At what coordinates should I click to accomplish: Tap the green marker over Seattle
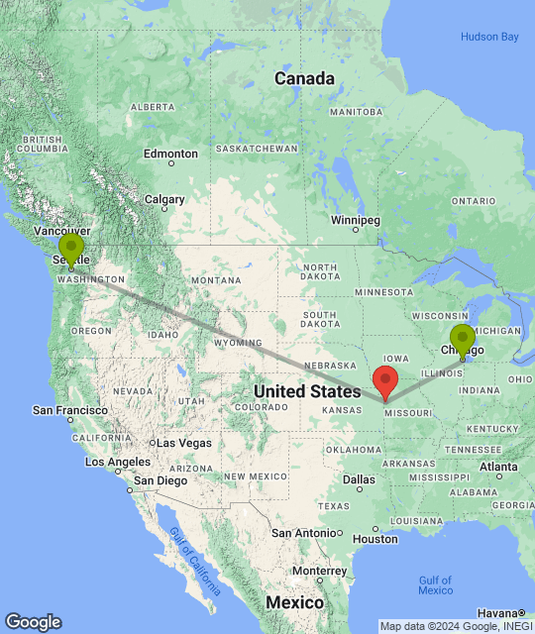(x=71, y=249)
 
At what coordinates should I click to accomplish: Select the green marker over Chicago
(x=462, y=339)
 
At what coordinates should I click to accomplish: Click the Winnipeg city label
(x=356, y=219)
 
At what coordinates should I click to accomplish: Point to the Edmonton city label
(x=170, y=154)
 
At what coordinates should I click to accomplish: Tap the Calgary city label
(x=164, y=199)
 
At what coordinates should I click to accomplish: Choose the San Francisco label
(x=69, y=409)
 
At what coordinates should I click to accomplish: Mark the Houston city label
(x=374, y=539)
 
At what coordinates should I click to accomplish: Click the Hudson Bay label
(x=489, y=37)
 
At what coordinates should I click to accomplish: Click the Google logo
(x=33, y=622)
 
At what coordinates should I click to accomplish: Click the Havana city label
(x=503, y=613)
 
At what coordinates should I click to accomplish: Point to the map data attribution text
(x=455, y=626)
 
